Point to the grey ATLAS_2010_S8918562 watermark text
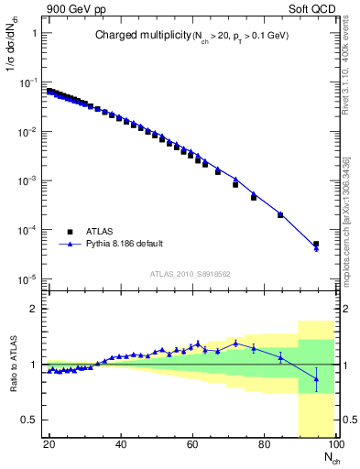(190, 273)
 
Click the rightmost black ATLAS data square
(316, 245)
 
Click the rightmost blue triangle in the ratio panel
(316, 378)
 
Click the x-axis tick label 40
(120, 444)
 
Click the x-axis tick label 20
(49, 444)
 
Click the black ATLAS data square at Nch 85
(280, 215)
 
